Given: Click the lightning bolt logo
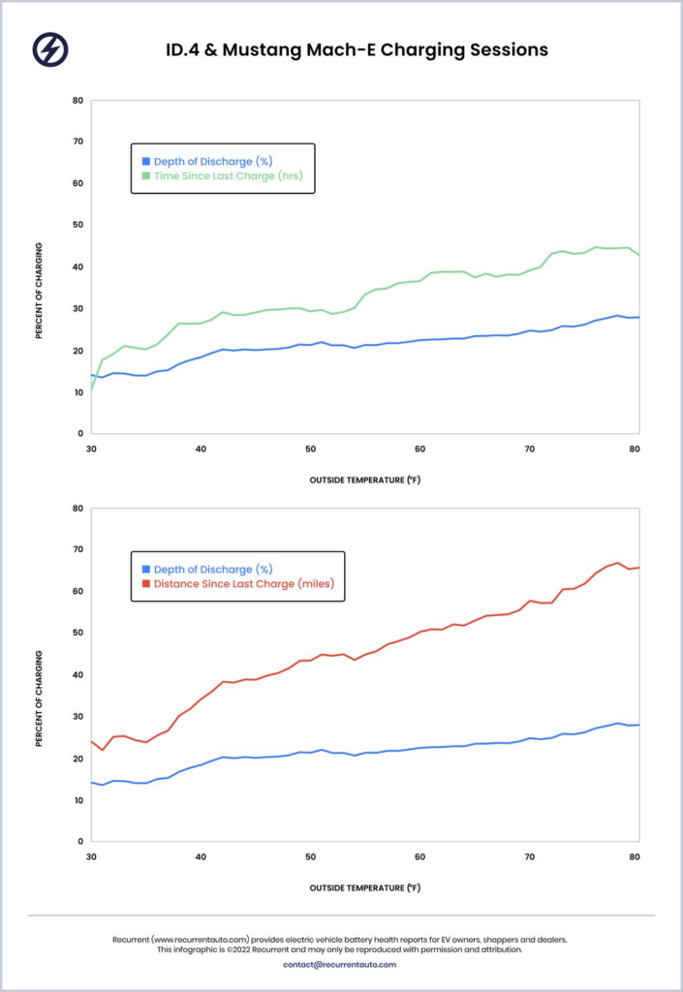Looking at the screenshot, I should pos(49,49).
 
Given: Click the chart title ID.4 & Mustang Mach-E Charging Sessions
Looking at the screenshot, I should pos(357,49).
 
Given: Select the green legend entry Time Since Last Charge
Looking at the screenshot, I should pos(233,175).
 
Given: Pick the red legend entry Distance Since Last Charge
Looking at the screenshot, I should pos(244,584).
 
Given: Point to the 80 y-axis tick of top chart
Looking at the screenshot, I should pos(78,100).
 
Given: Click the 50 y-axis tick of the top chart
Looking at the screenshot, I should pos(78,225).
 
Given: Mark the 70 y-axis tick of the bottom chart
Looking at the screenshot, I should pos(78,549).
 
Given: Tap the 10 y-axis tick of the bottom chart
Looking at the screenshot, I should pos(78,800).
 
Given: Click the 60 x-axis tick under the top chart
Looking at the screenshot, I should pos(419,449).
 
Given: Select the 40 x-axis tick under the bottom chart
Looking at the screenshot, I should pos(201,857).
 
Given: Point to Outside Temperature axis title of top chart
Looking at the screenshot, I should pos(364,480).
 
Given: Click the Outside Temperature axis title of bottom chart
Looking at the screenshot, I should pos(364,887).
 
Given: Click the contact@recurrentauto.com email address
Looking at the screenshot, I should pos(340,964).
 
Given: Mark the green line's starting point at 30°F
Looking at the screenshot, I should pos(91,389).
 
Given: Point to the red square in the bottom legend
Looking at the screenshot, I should pos(146,584).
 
